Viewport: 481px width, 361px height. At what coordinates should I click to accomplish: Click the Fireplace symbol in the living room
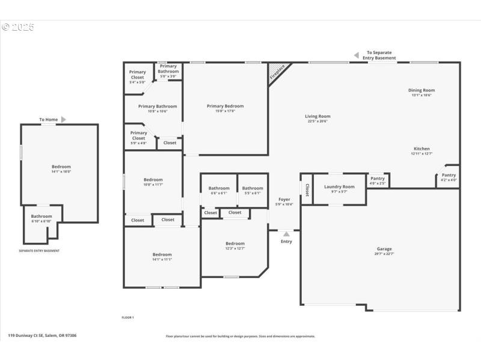pos(277,72)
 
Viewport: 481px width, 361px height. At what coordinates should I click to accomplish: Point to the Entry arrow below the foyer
pos(286,234)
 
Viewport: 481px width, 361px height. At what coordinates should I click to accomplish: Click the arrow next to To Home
pos(64,120)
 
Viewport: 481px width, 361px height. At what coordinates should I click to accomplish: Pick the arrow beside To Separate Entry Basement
pos(356,55)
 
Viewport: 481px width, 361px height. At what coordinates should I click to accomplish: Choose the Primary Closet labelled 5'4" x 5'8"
pos(138,75)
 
